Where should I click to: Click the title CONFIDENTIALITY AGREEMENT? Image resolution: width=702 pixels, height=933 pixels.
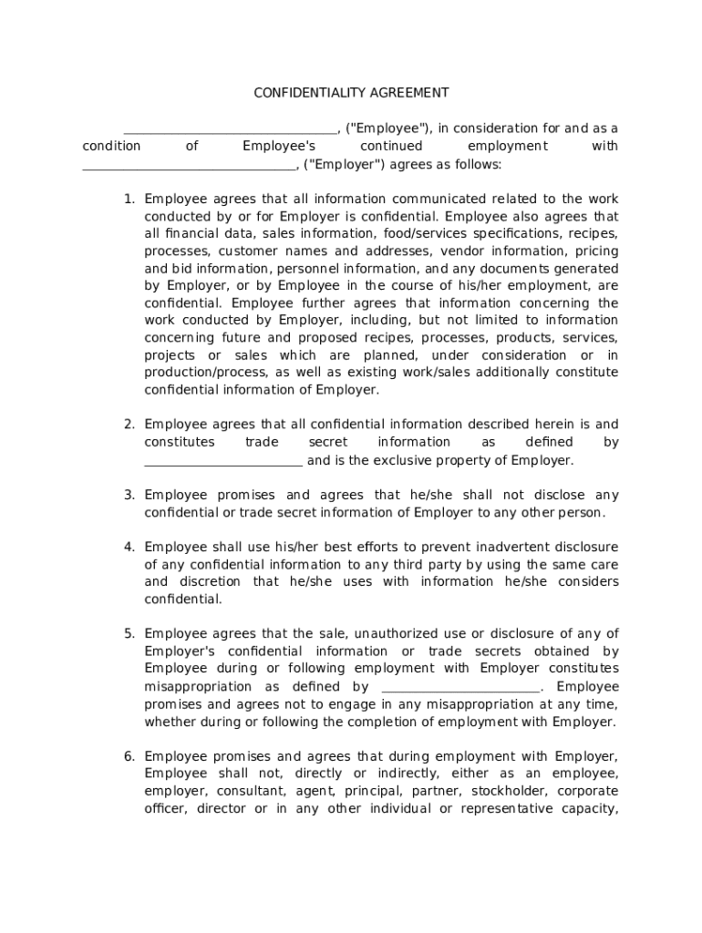[351, 93]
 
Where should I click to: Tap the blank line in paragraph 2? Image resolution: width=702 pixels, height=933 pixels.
[223, 464]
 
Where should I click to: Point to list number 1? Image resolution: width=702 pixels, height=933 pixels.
[129, 199]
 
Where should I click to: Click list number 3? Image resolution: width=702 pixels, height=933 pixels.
[129, 495]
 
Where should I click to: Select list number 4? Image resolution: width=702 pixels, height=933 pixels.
[129, 547]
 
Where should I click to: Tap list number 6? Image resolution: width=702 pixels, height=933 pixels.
[129, 756]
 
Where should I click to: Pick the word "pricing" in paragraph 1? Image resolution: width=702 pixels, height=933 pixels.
[595, 251]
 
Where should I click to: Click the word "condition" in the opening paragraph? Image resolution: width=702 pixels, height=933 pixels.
[111, 146]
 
